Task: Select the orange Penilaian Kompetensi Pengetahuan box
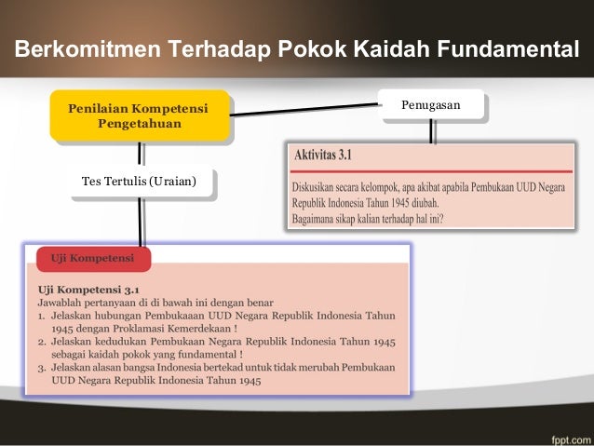coord(138,116)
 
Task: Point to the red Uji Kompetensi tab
coord(91,257)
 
